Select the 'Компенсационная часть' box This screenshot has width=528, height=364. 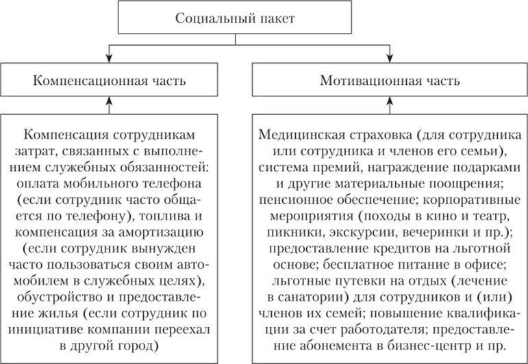tap(109, 81)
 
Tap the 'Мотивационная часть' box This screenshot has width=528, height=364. tap(390, 81)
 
